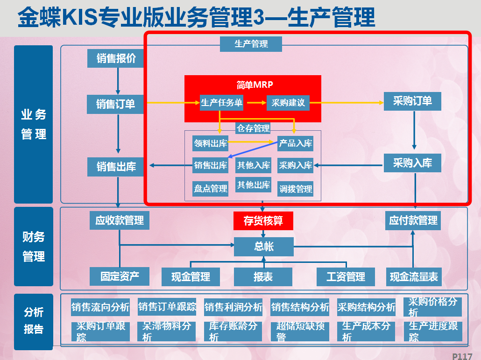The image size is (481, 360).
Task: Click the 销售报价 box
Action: pos(117,58)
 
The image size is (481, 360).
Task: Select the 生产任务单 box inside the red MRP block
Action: pos(221,103)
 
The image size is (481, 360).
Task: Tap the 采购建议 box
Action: pos(288,103)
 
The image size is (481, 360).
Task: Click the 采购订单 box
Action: pos(412,101)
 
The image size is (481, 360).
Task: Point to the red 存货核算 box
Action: pos(263,220)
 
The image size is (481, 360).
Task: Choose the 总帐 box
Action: pos(264,247)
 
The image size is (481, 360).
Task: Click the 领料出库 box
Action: pos(211,143)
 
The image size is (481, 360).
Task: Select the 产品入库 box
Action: pos(295,143)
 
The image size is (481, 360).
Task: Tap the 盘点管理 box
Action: pos(211,189)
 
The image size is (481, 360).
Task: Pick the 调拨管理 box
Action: pos(295,189)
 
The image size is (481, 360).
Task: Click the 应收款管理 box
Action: pos(120,220)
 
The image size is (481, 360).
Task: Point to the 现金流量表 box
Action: pos(414,277)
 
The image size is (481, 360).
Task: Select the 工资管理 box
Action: pos(346,277)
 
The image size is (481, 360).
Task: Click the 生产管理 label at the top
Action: pos(251,44)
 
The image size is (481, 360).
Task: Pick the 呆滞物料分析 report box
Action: pos(167,332)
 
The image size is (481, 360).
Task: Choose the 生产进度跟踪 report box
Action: pos(433,332)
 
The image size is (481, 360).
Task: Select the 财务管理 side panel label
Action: pos(34,247)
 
